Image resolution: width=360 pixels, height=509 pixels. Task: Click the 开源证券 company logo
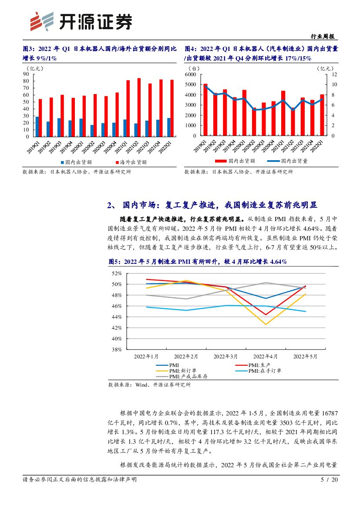click(x=80, y=20)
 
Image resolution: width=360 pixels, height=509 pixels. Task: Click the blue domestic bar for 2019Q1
click(x=37, y=126)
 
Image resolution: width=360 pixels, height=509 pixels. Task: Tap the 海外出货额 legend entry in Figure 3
click(x=131, y=162)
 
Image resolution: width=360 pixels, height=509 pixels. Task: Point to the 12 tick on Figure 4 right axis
click(x=334, y=74)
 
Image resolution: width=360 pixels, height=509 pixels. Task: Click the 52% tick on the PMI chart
click(x=116, y=273)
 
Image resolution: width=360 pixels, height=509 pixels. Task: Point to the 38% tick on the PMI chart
click(x=116, y=350)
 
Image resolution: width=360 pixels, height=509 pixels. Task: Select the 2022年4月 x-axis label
click(x=265, y=356)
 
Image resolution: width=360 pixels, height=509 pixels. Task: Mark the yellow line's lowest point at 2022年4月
click(x=266, y=324)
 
